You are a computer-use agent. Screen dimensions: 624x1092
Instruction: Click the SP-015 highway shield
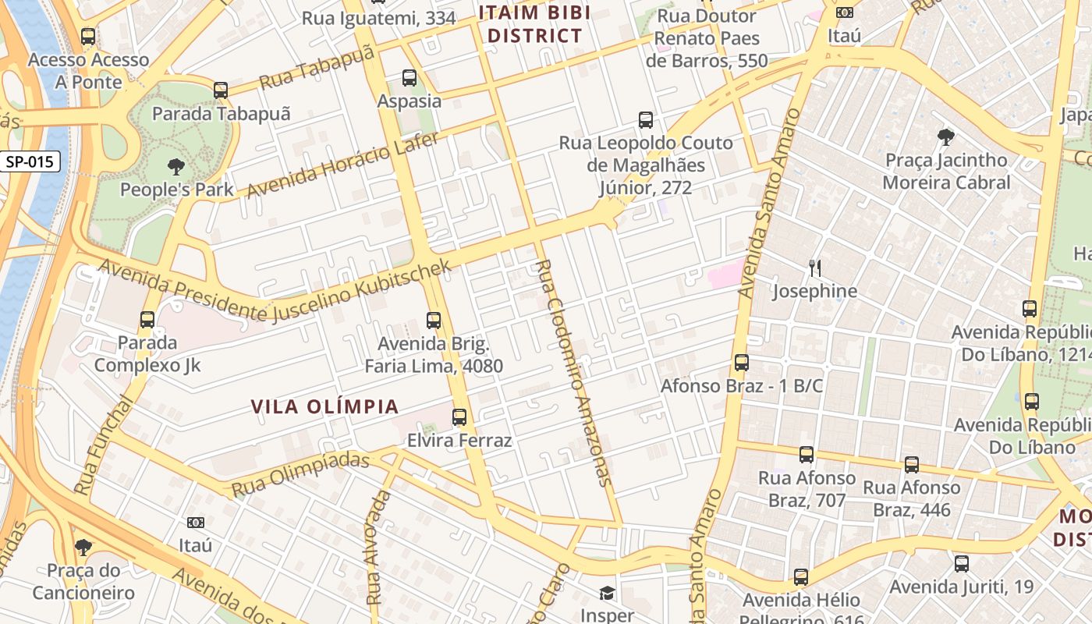[x=30, y=162]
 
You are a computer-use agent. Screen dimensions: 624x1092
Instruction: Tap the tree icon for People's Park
[x=176, y=166]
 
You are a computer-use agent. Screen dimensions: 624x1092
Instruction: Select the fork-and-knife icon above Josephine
[x=815, y=268]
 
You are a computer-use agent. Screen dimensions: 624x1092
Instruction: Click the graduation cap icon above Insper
[x=607, y=594]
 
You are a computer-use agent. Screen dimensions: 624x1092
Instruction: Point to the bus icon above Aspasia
[x=409, y=78]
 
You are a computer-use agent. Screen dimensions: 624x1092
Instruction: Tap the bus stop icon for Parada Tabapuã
[x=221, y=90]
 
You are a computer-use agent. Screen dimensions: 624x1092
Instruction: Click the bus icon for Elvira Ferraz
[x=459, y=417]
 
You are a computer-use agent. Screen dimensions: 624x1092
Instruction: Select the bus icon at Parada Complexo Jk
[x=147, y=320]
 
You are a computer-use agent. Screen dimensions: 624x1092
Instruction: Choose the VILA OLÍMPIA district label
[x=325, y=406]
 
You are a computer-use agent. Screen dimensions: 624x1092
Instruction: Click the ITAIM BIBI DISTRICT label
[x=534, y=24]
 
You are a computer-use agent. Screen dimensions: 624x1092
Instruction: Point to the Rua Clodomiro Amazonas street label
[x=572, y=373]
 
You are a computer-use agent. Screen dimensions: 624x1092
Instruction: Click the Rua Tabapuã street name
[x=317, y=68]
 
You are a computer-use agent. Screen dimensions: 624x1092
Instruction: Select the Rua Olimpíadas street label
[x=300, y=474]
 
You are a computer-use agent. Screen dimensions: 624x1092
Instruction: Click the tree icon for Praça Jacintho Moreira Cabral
[x=946, y=137]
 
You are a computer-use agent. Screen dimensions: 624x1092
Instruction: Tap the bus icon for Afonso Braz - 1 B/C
[x=742, y=363]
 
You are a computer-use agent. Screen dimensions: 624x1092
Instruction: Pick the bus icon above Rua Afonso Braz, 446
[x=912, y=465]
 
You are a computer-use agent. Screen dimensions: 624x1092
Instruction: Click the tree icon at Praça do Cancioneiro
[x=83, y=548]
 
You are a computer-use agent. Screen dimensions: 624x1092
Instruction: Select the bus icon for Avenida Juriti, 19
[x=962, y=563]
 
